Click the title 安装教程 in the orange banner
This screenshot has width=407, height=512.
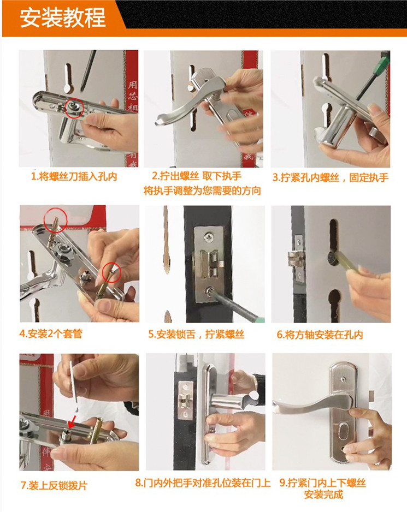click(x=63, y=17)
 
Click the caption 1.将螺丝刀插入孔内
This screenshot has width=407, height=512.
click(x=74, y=177)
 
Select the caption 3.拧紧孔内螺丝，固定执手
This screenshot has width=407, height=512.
click(x=331, y=177)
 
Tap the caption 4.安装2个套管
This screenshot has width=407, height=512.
click(x=51, y=334)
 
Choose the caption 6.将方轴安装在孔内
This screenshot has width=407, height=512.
click(x=320, y=335)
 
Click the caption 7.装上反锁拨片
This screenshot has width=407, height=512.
click(x=54, y=486)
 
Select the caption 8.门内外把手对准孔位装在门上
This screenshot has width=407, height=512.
click(x=203, y=483)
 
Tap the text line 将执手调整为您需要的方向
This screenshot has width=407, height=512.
click(x=202, y=190)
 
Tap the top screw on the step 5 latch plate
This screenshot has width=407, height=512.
click(x=208, y=237)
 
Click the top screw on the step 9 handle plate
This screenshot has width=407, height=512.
click(x=343, y=379)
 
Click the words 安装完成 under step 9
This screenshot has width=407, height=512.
click(x=323, y=495)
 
